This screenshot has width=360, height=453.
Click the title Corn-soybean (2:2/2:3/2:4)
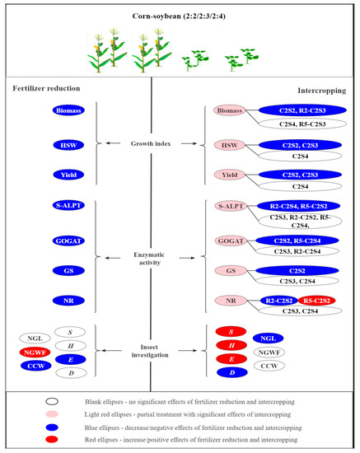tap(179, 16)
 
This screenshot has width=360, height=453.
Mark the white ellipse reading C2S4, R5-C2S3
tap(295, 123)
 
